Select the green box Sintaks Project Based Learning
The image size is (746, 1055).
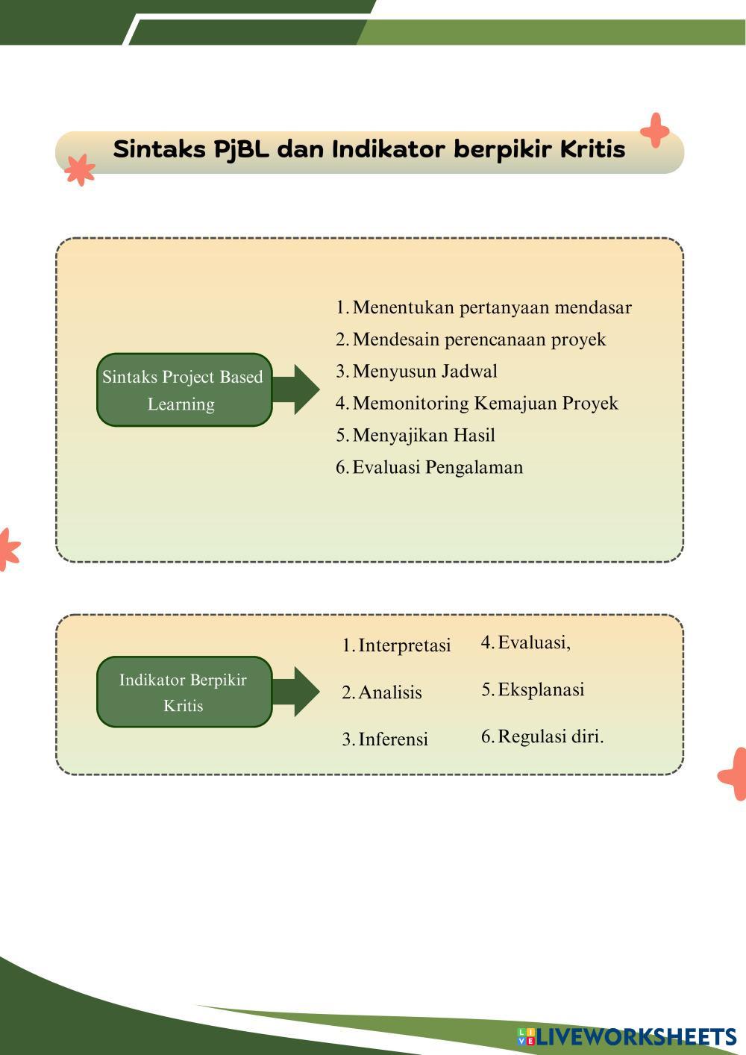coord(184,390)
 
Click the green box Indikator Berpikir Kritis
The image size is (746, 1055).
coord(184,692)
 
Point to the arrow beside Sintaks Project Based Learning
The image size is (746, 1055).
coord(297,389)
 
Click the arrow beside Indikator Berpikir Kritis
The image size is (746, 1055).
coord(297,692)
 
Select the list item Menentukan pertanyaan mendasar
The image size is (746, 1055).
coord(492,307)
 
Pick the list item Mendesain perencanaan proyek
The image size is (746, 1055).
coord(479,339)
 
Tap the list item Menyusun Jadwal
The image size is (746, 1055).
coord(424,372)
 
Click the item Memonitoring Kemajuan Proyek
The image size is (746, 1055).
coord(485,404)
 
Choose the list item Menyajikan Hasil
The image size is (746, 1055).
coord(424,436)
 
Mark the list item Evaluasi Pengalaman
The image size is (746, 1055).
coord(437,468)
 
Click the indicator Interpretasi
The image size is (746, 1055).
coord(404,645)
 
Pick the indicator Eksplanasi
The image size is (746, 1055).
coord(541,689)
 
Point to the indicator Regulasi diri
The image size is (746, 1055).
coord(551,736)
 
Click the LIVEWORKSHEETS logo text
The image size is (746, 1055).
coord(636,1036)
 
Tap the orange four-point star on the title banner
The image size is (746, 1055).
coord(655,131)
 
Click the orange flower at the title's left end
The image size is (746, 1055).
coord(79,169)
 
